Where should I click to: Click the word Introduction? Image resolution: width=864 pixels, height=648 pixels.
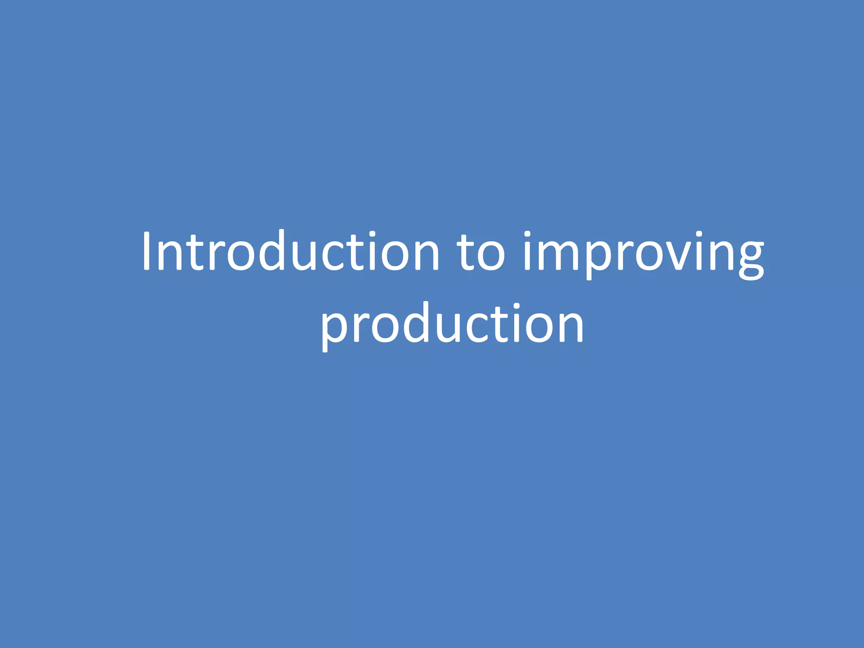tap(291, 252)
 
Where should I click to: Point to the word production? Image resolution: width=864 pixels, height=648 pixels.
tap(452, 324)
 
